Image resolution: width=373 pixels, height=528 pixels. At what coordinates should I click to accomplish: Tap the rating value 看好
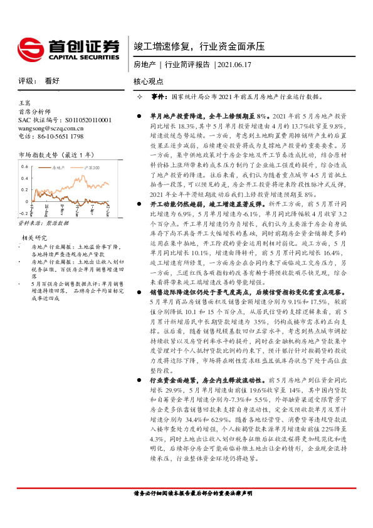[x=52, y=81]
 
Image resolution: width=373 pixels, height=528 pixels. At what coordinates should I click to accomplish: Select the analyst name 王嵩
[x=24, y=100]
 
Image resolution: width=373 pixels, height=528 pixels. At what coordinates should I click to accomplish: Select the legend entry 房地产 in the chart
[x=60, y=168]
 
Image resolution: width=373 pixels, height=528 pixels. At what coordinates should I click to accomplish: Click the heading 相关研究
[x=34, y=238]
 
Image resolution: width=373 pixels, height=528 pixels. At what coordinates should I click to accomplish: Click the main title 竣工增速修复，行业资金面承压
[x=200, y=46]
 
